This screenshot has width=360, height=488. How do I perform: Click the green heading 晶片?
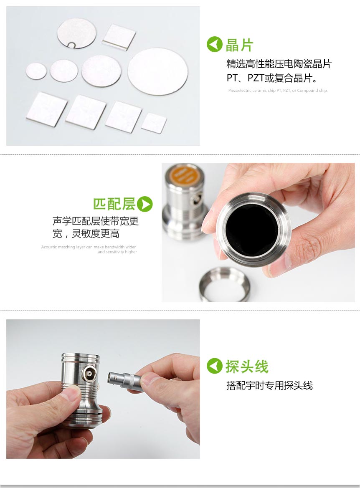239,45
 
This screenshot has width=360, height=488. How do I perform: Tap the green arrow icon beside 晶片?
214,44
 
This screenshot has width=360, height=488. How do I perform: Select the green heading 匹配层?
114,204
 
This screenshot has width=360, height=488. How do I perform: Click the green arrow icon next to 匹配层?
145,204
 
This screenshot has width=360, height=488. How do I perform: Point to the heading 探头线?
247,366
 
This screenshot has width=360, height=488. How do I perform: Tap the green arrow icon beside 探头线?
214,366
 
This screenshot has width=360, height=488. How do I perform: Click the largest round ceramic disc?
157,71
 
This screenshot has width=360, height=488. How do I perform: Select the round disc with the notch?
76,33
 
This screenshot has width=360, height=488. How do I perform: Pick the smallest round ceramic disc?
36,71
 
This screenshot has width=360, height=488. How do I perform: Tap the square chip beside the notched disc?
119,37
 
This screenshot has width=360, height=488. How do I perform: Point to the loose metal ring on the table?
224,284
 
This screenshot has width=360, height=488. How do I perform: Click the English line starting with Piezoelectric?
278,91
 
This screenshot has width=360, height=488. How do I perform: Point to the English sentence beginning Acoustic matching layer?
89,249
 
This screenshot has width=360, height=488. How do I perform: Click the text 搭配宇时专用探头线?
269,385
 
